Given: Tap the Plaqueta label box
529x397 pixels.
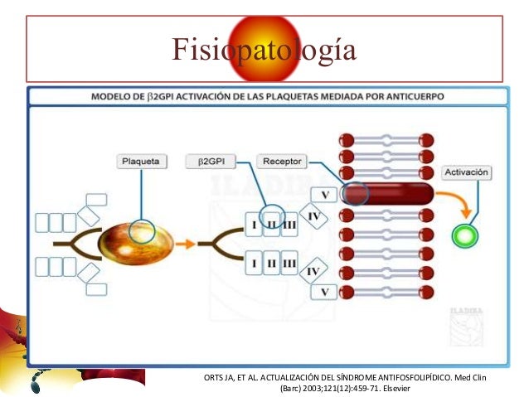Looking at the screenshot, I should pyautogui.click(x=140, y=161).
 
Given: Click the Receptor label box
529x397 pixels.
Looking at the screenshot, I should pyautogui.click(x=283, y=161).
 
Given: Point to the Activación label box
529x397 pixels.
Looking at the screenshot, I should pyautogui.click(x=467, y=173).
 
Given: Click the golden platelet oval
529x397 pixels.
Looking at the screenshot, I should pyautogui.click(x=135, y=242).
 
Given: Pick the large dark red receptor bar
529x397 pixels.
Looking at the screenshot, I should pyautogui.click(x=390, y=195).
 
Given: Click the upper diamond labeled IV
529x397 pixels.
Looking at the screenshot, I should pyautogui.click(x=313, y=215).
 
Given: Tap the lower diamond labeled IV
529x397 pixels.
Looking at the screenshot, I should pyautogui.click(x=313, y=271).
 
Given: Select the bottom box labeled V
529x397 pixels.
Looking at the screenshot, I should pyautogui.click(x=324, y=292).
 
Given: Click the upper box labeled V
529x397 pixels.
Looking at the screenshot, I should pyautogui.click(x=324, y=195).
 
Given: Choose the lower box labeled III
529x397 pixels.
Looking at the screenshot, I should pyautogui.click(x=289, y=264).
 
